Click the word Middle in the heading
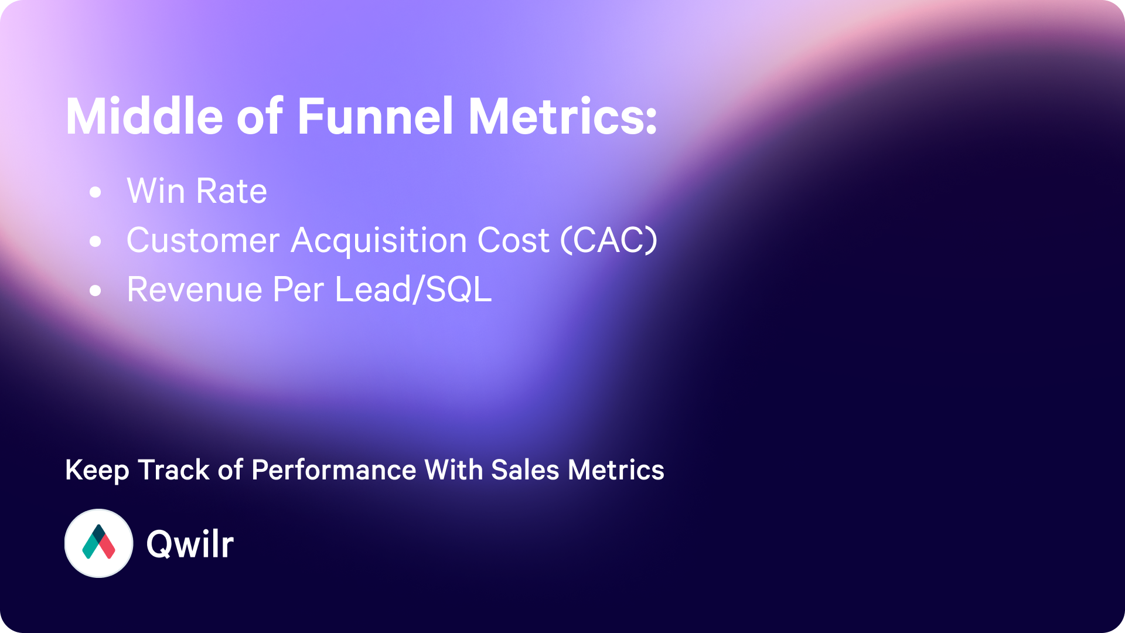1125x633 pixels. click(145, 116)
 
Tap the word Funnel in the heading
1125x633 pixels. click(376, 116)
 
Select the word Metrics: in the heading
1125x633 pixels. click(562, 116)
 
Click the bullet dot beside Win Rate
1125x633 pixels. click(96, 192)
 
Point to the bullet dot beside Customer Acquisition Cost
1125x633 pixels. click(96, 241)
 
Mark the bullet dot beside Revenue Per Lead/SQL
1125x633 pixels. click(96, 290)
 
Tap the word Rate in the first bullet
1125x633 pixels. click(232, 191)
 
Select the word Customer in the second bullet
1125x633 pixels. click(203, 240)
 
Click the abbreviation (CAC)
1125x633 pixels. click(609, 240)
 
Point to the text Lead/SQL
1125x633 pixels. click(414, 290)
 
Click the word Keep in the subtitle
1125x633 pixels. click(97, 471)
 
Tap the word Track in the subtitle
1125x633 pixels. click(173, 470)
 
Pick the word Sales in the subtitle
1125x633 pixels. click(525, 470)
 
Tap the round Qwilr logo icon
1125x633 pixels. click(98, 543)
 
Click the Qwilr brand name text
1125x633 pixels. click(190, 544)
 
